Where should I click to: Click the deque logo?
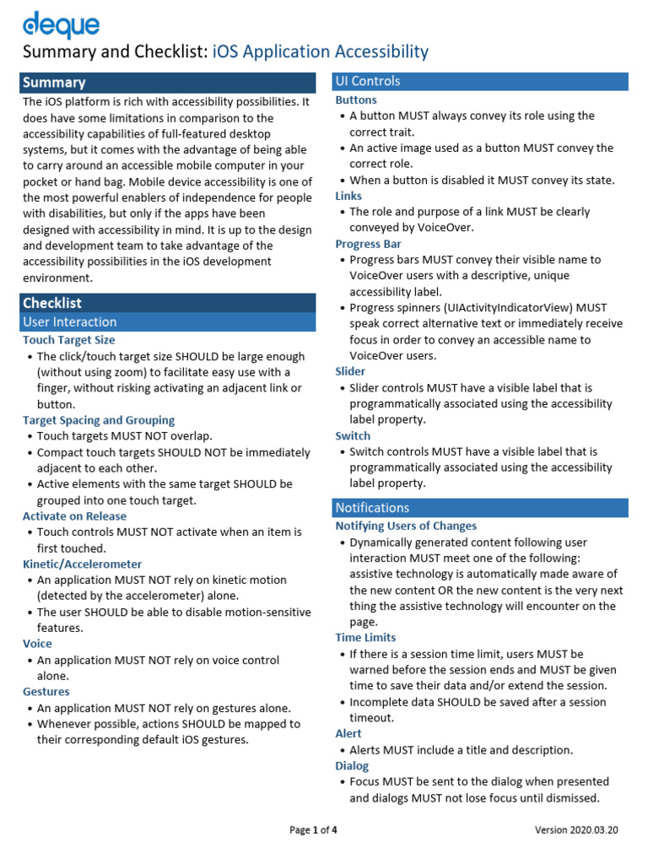pyautogui.click(x=61, y=25)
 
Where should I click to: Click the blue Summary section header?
pyautogui.click(x=167, y=83)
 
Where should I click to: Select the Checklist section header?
pyautogui.click(x=167, y=303)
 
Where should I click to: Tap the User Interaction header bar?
pyautogui.click(x=167, y=321)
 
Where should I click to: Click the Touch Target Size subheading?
pyautogui.click(x=68, y=340)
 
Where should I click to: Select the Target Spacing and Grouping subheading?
pyautogui.click(x=99, y=420)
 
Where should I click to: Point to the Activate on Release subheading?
pyautogui.click(x=74, y=516)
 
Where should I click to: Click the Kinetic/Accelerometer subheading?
pyautogui.click(x=82, y=564)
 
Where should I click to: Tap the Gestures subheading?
pyautogui.click(x=46, y=692)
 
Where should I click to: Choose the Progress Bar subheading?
pyautogui.click(x=368, y=244)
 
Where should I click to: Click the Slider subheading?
pyautogui.click(x=350, y=371)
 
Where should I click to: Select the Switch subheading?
pyautogui.click(x=353, y=436)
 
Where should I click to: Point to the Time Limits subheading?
pyautogui.click(x=365, y=638)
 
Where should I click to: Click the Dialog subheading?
pyautogui.click(x=352, y=766)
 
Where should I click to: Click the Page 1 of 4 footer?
pyautogui.click(x=313, y=830)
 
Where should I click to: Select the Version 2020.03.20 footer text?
pyautogui.click(x=576, y=830)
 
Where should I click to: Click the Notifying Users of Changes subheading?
pyautogui.click(x=406, y=526)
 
